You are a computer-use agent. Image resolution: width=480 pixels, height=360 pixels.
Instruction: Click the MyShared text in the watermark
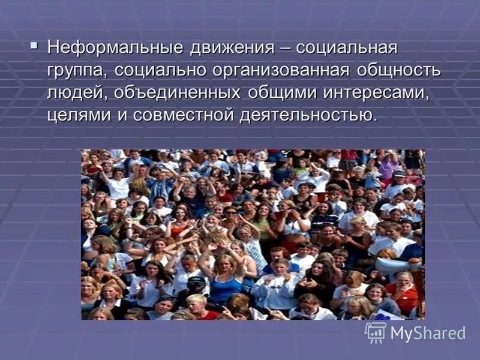[x=428, y=334]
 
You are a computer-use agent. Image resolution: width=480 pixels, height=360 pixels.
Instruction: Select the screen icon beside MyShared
[x=376, y=332]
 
